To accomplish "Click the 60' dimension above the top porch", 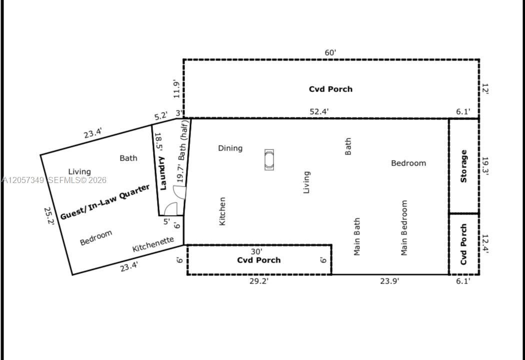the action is [330, 53].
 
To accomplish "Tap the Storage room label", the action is [463, 166].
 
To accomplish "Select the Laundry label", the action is [162, 173].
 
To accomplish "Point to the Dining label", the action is [230, 148].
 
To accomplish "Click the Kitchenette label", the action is [153, 244].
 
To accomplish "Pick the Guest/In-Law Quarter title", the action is [105, 202].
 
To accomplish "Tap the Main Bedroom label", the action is [404, 227].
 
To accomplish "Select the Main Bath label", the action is [357, 236].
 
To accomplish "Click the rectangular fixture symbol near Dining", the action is [269, 159].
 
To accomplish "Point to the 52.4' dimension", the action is [319, 111].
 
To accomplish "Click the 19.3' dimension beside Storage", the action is [485, 166].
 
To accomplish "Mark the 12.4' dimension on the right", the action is [485, 243].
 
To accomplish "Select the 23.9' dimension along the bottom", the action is [389, 281].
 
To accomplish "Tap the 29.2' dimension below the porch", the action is [259, 281].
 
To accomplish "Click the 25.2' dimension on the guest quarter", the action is [49, 216].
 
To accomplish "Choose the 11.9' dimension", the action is [177, 88].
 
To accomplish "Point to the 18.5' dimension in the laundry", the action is [158, 142].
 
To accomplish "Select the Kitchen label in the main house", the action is [222, 211].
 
